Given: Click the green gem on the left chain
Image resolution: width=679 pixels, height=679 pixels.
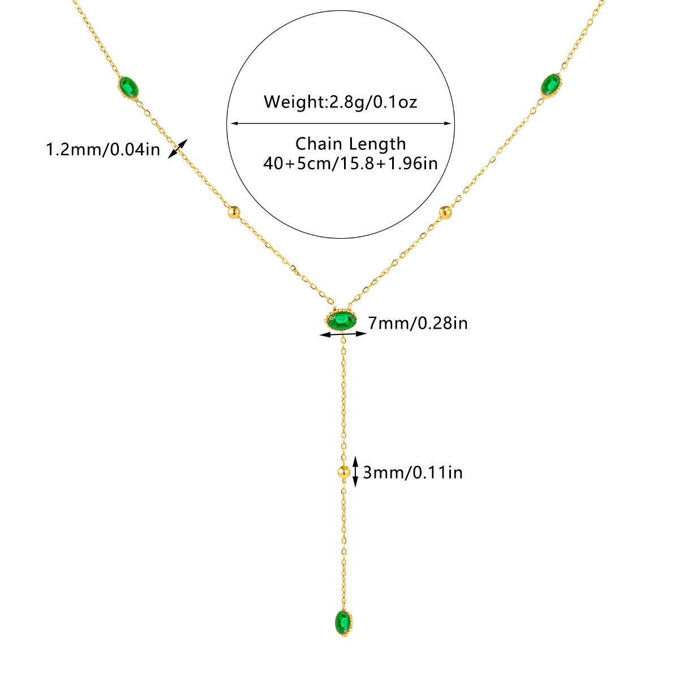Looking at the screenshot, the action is (129, 88).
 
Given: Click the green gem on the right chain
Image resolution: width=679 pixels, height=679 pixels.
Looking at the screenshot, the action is (550, 84).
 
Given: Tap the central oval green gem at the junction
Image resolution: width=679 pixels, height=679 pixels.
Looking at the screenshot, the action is (341, 321).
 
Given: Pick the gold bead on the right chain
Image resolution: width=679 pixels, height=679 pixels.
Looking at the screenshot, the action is (446, 212).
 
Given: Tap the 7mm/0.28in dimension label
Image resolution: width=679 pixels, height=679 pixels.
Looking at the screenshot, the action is (418, 323).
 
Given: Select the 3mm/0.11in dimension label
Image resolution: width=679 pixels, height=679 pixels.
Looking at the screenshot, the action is (412, 471).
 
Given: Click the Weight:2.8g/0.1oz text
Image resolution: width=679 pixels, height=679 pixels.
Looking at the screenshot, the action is (340, 102).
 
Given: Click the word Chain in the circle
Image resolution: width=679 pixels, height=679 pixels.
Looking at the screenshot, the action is (320, 144).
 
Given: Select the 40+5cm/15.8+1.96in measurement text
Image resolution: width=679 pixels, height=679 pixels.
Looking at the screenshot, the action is (350, 163).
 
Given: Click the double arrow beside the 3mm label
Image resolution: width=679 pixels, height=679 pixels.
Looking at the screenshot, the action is (356, 471).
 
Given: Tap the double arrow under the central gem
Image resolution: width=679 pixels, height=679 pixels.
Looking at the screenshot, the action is (343, 335).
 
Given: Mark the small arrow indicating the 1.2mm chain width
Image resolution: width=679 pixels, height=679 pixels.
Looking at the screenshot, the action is (178, 148).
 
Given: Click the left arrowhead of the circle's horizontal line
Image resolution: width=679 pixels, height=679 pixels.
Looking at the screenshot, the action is (231, 123).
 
